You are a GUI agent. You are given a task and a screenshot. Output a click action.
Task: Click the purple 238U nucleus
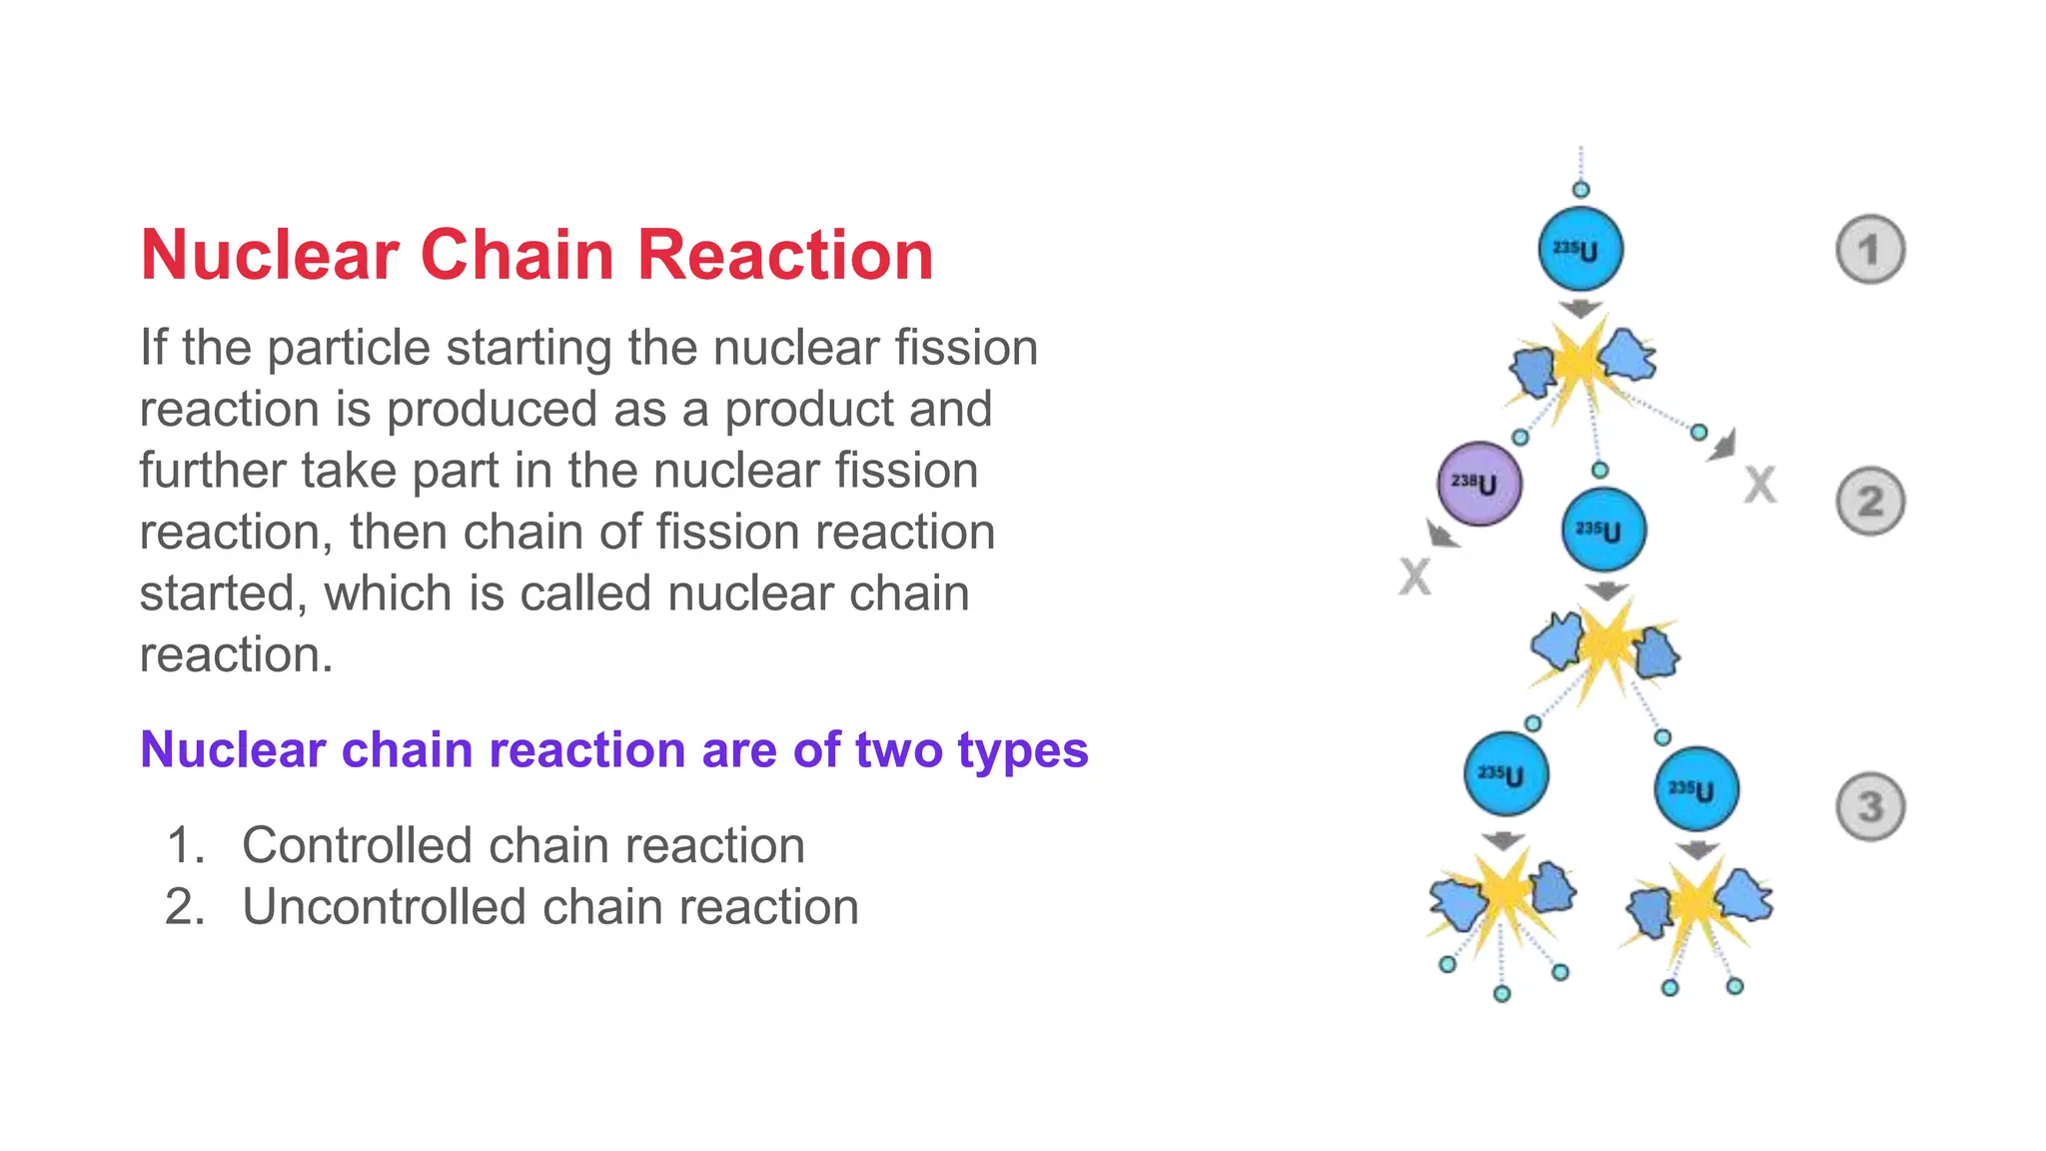(x=1480, y=485)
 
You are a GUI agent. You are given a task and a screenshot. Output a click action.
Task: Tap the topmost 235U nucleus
(x=1580, y=250)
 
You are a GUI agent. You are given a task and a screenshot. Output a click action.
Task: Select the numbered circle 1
(x=1870, y=250)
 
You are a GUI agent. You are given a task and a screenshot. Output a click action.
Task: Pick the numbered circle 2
(x=1870, y=502)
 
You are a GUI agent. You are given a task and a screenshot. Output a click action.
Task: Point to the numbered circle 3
(x=1870, y=806)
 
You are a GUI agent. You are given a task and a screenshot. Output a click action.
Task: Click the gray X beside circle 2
(x=1760, y=486)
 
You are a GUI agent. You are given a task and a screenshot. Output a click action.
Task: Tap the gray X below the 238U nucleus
(x=1415, y=576)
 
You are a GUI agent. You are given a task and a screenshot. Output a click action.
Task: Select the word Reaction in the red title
(x=785, y=255)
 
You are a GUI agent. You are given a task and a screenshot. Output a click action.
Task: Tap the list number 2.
(x=184, y=907)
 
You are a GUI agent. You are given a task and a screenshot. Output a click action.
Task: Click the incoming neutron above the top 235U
(x=1580, y=190)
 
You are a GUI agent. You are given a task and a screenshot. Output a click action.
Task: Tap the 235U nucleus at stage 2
(x=1604, y=531)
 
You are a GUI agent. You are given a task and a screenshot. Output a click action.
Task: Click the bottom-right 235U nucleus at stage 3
(x=1696, y=789)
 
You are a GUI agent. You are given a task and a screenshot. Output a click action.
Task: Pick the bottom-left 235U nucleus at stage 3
(x=1507, y=774)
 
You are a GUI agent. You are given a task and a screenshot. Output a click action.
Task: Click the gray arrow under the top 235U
(x=1580, y=309)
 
